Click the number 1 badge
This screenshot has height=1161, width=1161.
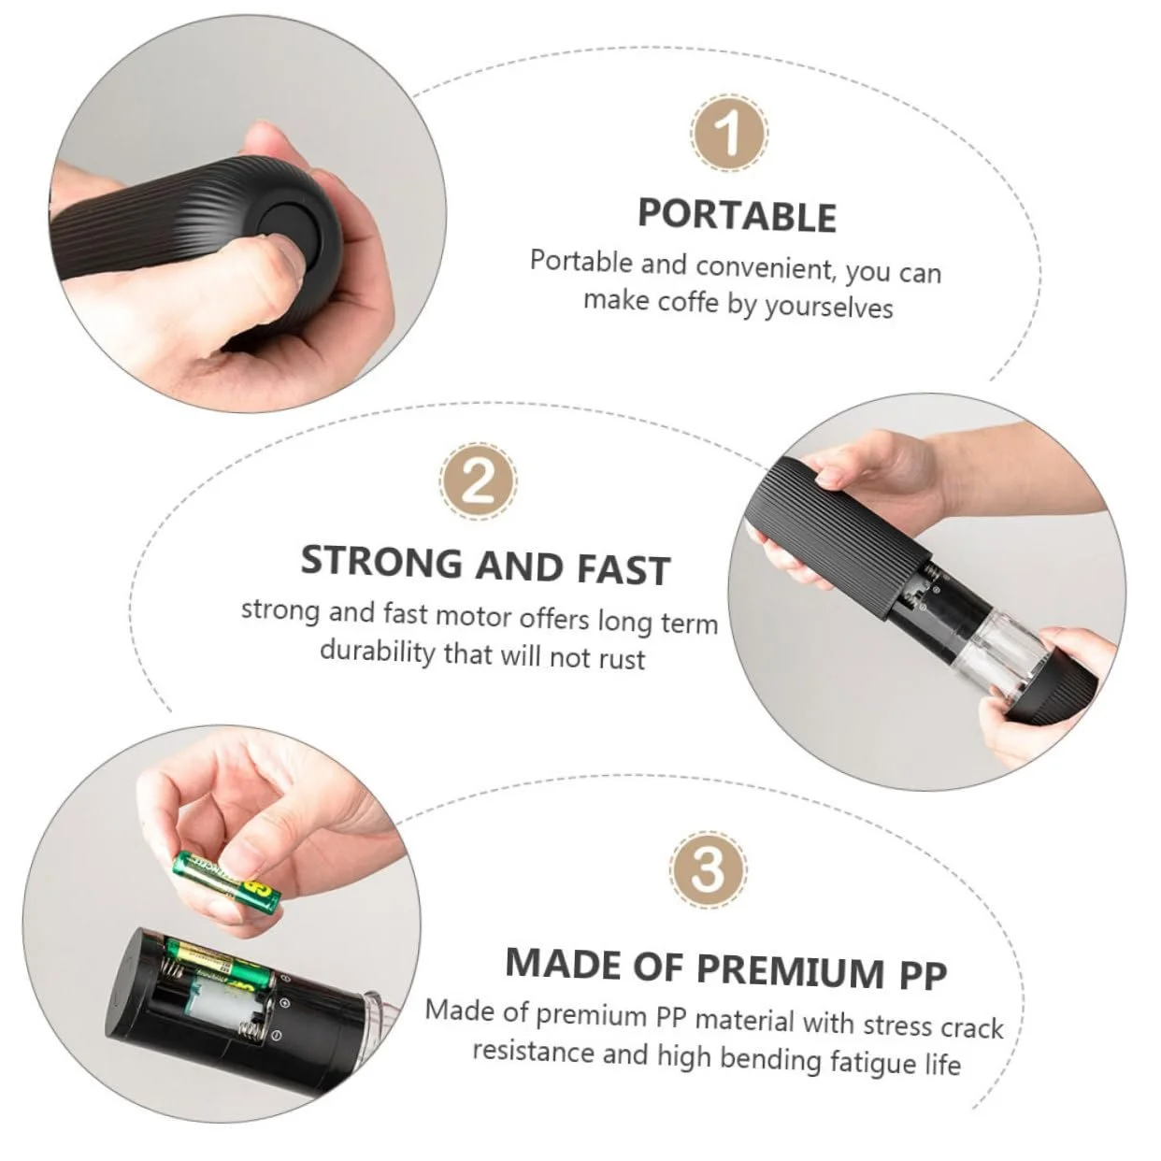coord(729,133)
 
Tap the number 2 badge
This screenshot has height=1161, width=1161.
coord(479,481)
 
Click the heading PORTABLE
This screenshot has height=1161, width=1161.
coord(738,215)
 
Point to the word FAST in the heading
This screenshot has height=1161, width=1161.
coord(623,569)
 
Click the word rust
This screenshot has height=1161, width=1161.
coord(622,658)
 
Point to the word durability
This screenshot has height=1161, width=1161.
coord(377,652)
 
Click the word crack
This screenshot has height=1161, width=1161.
coord(970,1027)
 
